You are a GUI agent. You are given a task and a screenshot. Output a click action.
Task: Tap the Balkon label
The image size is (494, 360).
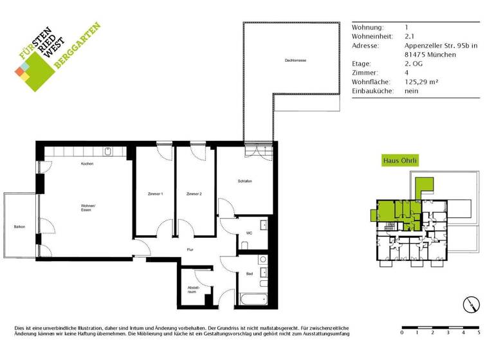tap(19, 226)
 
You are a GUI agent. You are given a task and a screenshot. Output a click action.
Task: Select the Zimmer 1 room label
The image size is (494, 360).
tap(154, 194)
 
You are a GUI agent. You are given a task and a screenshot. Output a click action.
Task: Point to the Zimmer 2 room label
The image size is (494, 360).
tap(194, 194)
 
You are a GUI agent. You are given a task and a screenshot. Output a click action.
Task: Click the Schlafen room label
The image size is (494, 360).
tap(244, 181)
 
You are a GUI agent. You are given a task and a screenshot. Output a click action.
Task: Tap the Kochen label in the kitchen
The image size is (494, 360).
tap(87, 165)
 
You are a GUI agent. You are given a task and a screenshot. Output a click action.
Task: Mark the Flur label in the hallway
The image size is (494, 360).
tap(190, 249)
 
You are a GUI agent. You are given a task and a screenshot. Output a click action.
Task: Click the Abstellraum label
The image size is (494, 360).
tap(192, 289)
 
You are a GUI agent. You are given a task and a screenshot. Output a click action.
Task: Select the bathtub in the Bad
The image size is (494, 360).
tap(252, 299)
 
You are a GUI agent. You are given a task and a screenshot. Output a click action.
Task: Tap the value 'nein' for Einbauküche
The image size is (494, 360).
tap(412, 91)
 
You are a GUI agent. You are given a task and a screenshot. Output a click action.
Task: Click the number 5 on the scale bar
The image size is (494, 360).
tap(479, 333)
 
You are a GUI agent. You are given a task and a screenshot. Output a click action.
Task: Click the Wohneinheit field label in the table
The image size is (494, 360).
tap(374, 37)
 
